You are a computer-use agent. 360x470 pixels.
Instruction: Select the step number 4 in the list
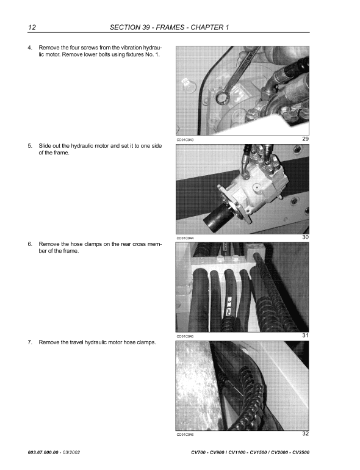[30, 47]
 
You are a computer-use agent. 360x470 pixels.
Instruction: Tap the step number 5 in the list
[30, 146]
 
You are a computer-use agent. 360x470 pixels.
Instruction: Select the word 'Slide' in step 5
[46, 146]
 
